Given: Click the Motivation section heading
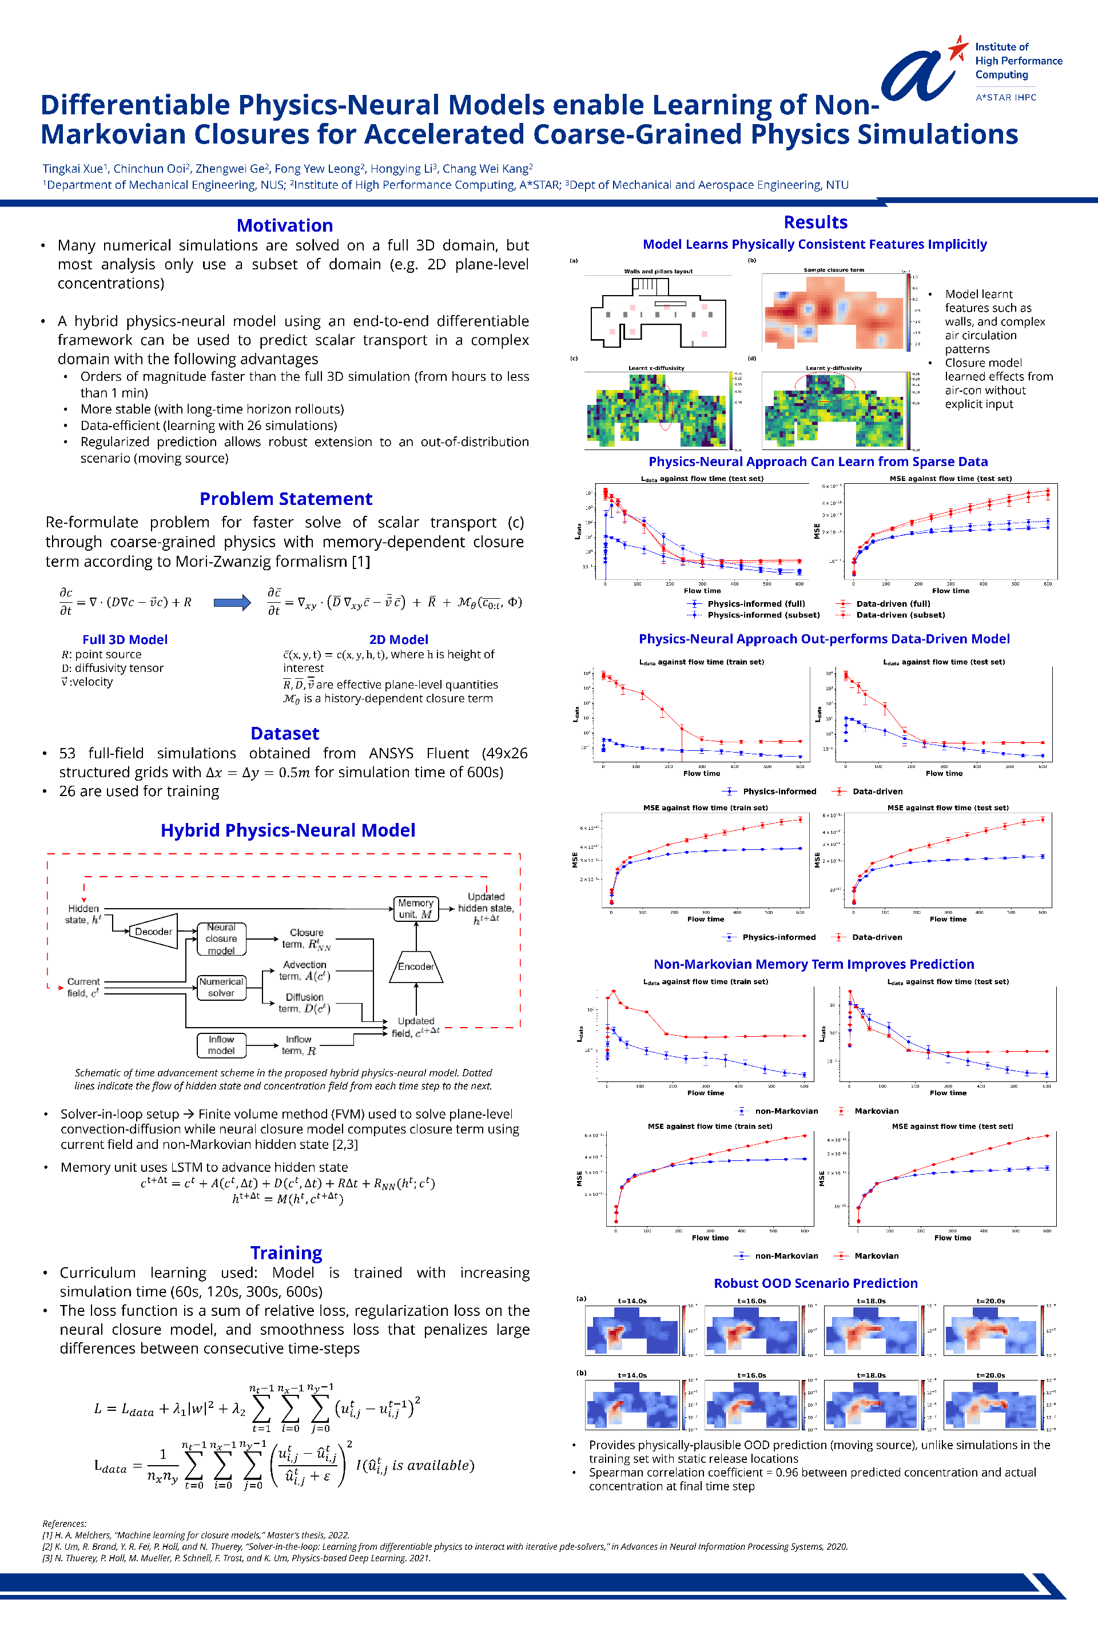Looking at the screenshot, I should (284, 225).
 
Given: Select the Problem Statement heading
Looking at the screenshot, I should (286, 499).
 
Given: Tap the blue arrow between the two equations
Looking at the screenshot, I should (232, 602).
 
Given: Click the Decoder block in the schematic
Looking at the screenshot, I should (153, 932).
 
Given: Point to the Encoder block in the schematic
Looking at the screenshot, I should (416, 966).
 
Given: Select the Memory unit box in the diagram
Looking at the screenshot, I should (416, 908).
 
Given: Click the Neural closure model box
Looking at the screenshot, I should (221, 938).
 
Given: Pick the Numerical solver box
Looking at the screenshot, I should (221, 986).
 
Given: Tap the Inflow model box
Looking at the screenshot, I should (221, 1045).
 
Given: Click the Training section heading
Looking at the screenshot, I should (286, 1253).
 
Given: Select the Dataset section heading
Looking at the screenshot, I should (284, 733).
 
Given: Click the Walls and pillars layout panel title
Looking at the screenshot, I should (658, 271).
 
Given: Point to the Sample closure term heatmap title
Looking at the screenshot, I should (833, 269).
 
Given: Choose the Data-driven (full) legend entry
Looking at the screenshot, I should (893, 604).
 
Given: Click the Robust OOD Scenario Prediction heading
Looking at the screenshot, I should (815, 1283).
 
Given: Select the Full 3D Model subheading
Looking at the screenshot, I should (125, 639).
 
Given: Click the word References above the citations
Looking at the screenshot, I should (65, 1523).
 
